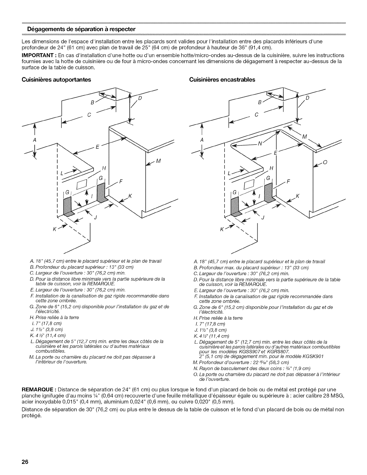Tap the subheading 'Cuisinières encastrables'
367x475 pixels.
[222, 80]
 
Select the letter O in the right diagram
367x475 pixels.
[325, 163]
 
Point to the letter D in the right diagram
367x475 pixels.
[307, 99]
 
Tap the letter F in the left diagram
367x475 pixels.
[121, 182]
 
